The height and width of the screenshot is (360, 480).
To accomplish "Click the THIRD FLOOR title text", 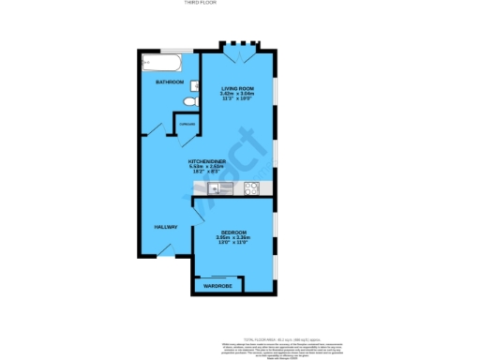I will tap(240, 4).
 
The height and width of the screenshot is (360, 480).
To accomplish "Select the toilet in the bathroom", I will tap(191, 100).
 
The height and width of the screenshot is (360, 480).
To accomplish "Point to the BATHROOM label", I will tap(169, 82).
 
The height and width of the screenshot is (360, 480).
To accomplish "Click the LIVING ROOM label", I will tap(237, 88).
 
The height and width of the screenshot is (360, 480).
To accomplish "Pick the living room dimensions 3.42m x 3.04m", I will tap(237, 94).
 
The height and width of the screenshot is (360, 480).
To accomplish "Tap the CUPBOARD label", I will tap(187, 124).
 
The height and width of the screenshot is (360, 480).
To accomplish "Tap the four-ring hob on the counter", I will tap(250, 188).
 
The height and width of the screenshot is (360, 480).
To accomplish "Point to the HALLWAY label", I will tap(166, 227).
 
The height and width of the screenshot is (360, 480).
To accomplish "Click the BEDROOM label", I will tap(233, 232).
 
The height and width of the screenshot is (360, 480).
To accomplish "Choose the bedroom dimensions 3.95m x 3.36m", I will tap(233, 238).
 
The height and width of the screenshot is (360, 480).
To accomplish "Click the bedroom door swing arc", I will tap(199, 214).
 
